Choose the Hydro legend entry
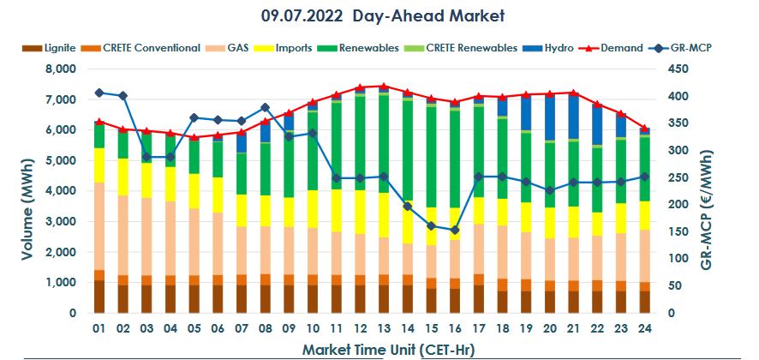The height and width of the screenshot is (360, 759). [558, 48]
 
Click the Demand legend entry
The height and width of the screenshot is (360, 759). [621, 48]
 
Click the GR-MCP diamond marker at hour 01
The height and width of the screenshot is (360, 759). [99, 93]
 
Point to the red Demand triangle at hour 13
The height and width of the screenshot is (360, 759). [383, 87]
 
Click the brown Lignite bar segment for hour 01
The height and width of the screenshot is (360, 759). [99, 297]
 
